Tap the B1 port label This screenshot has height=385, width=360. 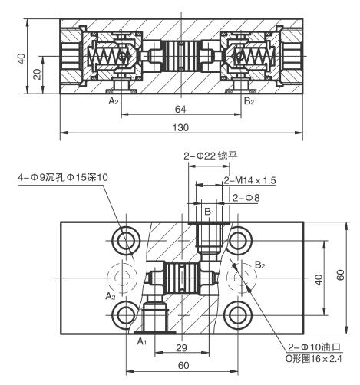[x=209, y=211]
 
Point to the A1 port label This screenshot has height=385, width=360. [x=141, y=339]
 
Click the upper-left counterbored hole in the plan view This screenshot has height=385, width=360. [x=125, y=240]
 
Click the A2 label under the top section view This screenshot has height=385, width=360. [x=113, y=100]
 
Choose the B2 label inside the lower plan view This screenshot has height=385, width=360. [x=260, y=265]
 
